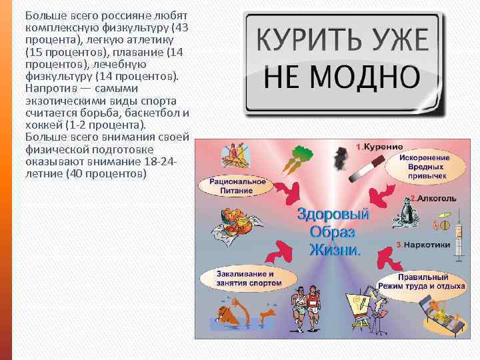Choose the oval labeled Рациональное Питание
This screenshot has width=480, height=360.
237,185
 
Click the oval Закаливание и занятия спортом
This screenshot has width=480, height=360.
245,278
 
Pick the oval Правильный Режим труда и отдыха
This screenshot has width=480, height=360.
421,281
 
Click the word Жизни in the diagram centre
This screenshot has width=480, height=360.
333,250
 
